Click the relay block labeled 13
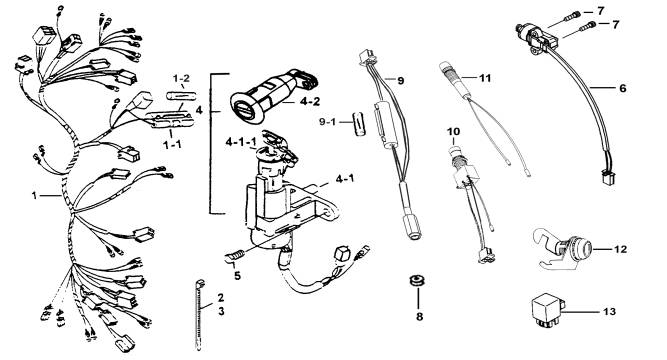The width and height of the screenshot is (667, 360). click(547, 311)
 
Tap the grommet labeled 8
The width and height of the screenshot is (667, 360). click(416, 281)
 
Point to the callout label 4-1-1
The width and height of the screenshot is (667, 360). click(240, 142)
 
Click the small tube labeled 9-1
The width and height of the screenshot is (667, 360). click(360, 123)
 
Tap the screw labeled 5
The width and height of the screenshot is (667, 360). click(234, 256)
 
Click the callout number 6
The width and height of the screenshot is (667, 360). click(623, 88)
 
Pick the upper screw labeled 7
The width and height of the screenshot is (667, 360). click(572, 17)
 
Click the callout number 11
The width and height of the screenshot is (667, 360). click(485, 78)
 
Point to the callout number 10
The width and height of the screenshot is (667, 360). click(453, 131)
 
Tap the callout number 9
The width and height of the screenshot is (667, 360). click(400, 80)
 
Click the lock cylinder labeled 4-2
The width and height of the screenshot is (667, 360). click(272, 96)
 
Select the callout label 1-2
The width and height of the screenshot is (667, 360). click(181, 78)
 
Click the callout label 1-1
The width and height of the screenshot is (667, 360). click(172, 144)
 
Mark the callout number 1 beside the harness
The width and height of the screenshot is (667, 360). click(34, 195)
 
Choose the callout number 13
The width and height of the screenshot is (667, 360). click(609, 311)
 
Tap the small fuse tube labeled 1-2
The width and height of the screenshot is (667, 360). click(181, 95)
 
